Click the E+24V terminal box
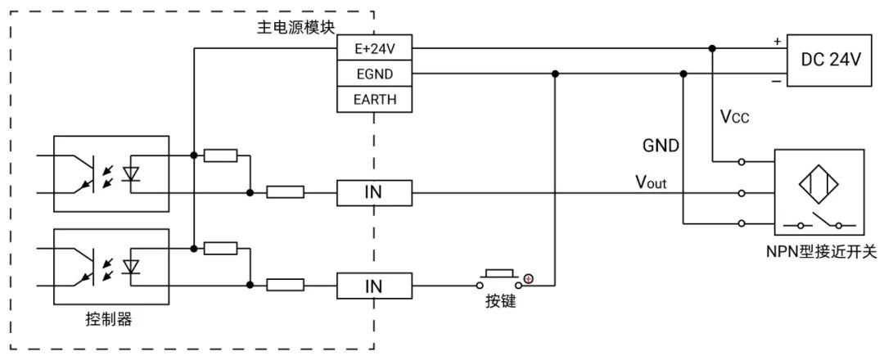pyautogui.click(x=375, y=48)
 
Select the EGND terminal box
pyautogui.click(x=375, y=74)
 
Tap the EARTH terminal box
pyautogui.click(x=375, y=100)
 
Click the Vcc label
pyautogui.click(x=734, y=117)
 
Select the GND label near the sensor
pyautogui.click(x=661, y=146)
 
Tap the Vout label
pyautogui.click(x=652, y=182)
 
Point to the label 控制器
pyautogui.click(x=109, y=320)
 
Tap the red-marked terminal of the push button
pyautogui.click(x=529, y=280)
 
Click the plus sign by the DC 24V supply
pyautogui.click(x=774, y=40)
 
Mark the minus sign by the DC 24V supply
pyautogui.click(x=774, y=81)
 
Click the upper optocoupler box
pyautogui.click(x=110, y=173)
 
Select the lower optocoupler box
pyautogui.click(x=110, y=266)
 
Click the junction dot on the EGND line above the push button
pyautogui.click(x=556, y=74)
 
